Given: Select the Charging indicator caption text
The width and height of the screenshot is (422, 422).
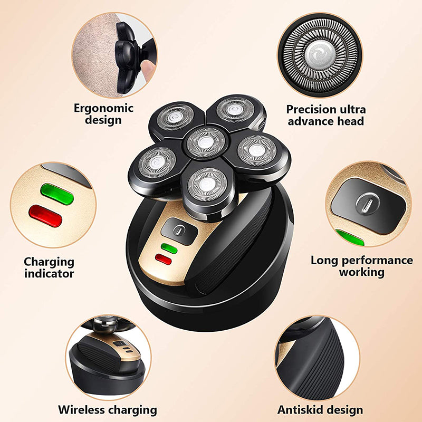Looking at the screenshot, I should [49, 267].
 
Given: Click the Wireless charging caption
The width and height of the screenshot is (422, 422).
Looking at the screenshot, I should [108, 409].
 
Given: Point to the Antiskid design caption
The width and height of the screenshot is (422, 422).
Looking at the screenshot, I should [320, 409].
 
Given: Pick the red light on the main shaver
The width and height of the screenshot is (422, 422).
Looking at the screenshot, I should [164, 258].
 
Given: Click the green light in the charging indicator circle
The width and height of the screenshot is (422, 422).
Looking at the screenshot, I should [56, 194].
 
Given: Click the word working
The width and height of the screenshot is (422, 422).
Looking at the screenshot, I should [361, 272].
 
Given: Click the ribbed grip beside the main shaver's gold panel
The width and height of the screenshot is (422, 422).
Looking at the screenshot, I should [232, 248].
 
